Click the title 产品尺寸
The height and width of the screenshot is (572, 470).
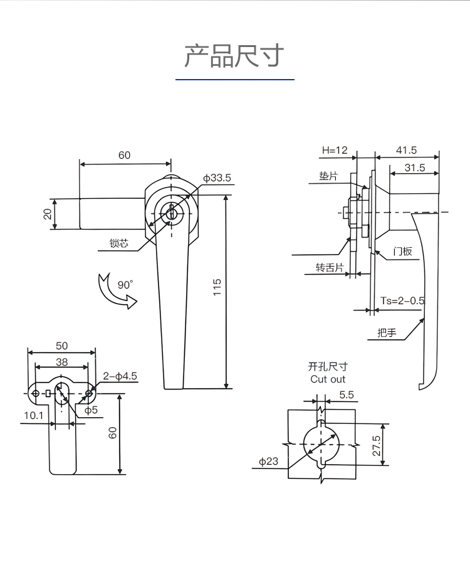(x=234, y=56)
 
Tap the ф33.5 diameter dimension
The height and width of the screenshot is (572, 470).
(x=217, y=178)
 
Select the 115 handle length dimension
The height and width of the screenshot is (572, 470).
(x=217, y=287)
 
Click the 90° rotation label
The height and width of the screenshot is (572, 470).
(x=125, y=285)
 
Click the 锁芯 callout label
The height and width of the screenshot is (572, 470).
(x=119, y=243)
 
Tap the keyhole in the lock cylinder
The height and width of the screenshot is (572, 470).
(x=171, y=212)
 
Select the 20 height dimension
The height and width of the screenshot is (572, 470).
(x=48, y=214)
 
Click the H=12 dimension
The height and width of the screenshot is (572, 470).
(x=335, y=150)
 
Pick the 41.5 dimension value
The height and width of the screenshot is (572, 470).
(x=406, y=150)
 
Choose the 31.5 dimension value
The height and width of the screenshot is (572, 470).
(x=415, y=168)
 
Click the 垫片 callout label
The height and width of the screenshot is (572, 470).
(x=328, y=176)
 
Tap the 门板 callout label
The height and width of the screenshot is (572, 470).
(x=402, y=252)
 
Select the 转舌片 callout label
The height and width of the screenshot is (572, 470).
(x=330, y=268)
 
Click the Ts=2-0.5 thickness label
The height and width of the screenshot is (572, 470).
(x=402, y=300)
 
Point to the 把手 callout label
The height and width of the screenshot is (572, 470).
(x=387, y=332)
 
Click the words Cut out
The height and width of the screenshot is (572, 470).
(x=328, y=379)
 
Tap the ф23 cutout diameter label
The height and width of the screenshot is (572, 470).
(x=269, y=462)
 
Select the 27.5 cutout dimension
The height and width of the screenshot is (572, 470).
(x=376, y=445)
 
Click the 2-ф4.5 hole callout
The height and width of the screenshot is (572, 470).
(x=120, y=376)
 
